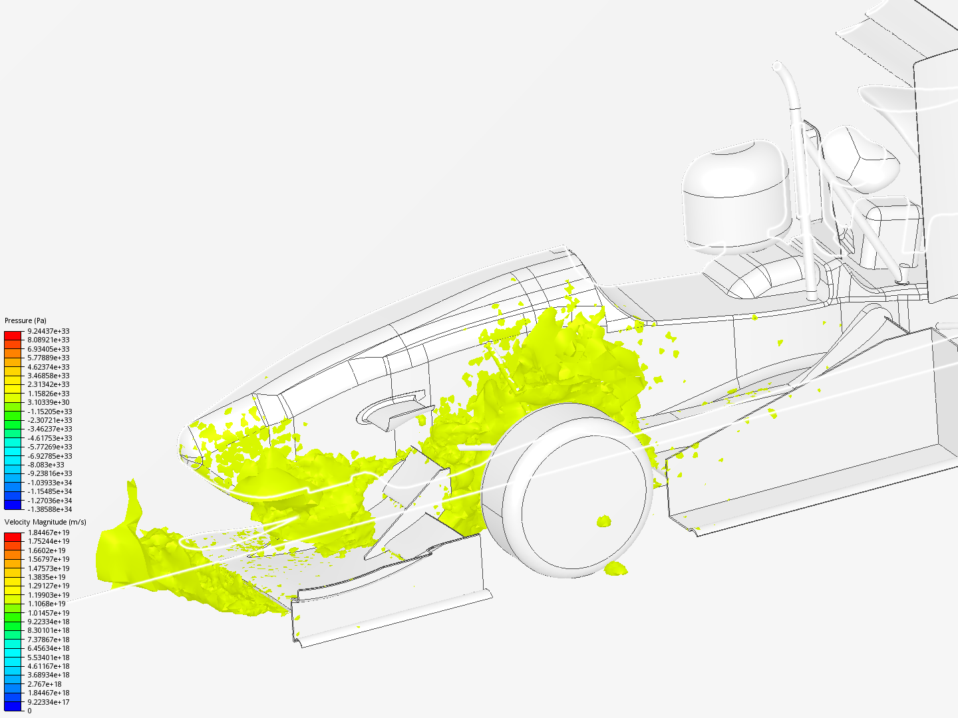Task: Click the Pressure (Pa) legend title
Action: coord(25,320)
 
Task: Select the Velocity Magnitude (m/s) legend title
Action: coord(45,522)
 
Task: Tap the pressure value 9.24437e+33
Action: coord(49,331)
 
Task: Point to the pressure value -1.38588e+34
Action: coord(50,509)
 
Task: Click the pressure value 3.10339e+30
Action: coord(49,402)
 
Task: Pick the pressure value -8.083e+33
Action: coord(46,465)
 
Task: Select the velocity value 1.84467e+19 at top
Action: coord(49,533)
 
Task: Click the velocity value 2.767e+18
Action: coord(45,684)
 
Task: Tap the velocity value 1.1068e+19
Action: coord(47,604)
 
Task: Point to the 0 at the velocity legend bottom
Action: coord(30,711)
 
